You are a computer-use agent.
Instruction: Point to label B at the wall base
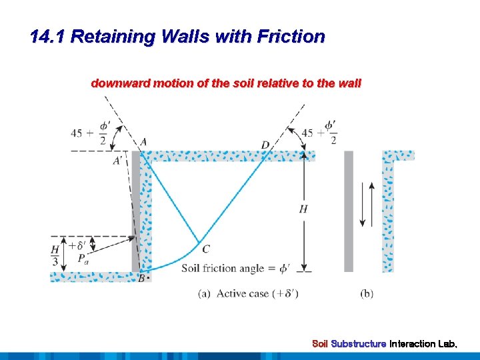tap(141, 279)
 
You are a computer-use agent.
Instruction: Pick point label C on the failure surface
tap(206, 249)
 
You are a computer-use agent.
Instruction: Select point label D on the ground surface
tap(265, 145)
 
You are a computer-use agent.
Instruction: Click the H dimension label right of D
tap(303, 209)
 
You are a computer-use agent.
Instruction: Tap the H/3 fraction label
tap(55, 255)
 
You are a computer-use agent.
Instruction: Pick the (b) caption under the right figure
tap(367, 293)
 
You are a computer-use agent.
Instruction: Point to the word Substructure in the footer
tap(359, 344)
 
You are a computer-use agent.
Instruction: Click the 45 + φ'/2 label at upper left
tap(92, 132)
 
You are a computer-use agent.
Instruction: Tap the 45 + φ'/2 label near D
tap(319, 132)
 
